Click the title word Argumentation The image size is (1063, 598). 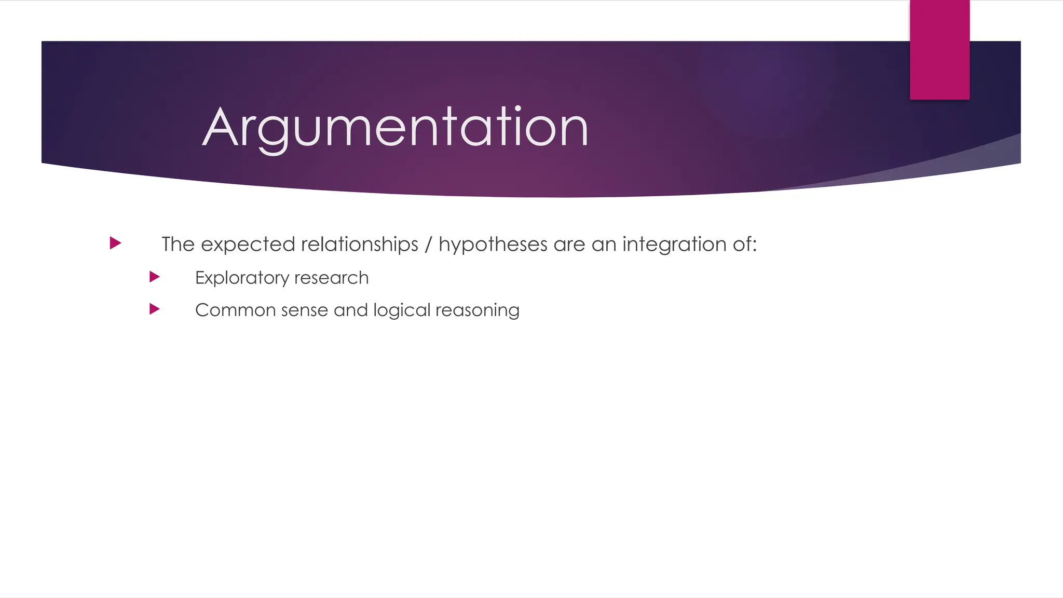tap(395, 127)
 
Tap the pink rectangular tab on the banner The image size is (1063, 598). tap(939, 50)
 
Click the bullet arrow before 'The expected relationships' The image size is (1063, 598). tap(116, 243)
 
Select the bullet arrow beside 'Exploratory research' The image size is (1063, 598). tap(154, 277)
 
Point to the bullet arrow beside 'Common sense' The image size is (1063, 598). tap(154, 309)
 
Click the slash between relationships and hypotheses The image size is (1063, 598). tap(428, 244)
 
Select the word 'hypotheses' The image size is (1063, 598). tap(493, 244)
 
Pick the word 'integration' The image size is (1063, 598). tap(674, 244)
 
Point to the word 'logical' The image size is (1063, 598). tap(402, 310)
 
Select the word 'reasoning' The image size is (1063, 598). tap(477, 310)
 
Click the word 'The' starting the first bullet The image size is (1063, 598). tap(178, 244)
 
